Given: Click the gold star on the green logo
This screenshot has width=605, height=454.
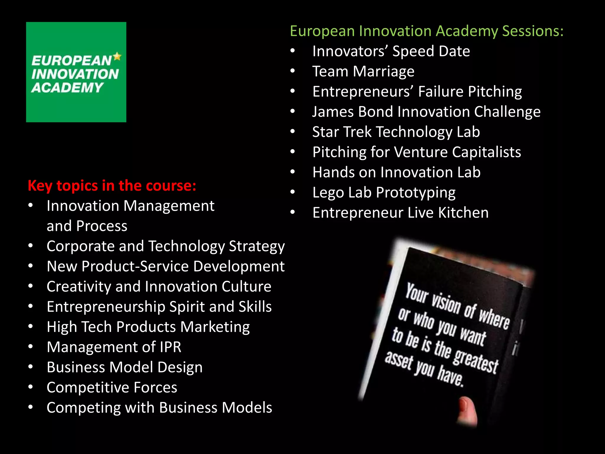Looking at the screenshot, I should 117,56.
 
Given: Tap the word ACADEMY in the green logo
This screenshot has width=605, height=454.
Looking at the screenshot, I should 67,88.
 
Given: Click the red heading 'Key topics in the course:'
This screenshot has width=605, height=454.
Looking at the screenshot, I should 112,186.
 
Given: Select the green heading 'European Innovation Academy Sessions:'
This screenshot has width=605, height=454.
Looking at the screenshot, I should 427,31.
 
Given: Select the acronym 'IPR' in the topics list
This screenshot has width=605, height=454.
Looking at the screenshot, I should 170,347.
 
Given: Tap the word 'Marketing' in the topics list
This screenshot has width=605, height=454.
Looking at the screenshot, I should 215,327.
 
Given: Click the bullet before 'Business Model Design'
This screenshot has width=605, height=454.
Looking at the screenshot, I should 31,367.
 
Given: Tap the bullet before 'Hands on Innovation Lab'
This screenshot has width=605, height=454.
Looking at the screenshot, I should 292,172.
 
